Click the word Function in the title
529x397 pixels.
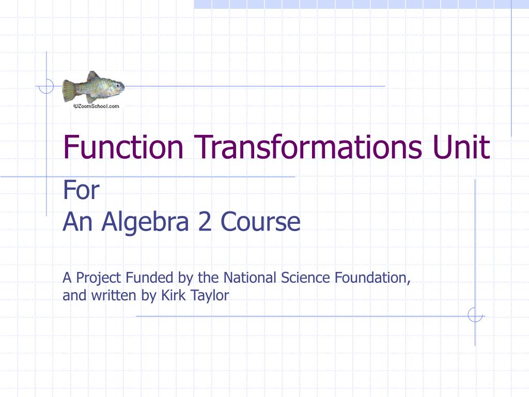pyautogui.click(x=123, y=147)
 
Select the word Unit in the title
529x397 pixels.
pyautogui.click(x=459, y=147)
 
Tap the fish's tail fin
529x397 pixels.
pyautogui.click(x=68, y=90)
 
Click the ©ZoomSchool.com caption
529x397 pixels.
pyautogui.click(x=96, y=106)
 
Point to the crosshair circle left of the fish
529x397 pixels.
pyautogui.click(x=46, y=86)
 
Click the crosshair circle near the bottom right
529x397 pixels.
pyautogui.click(x=475, y=315)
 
